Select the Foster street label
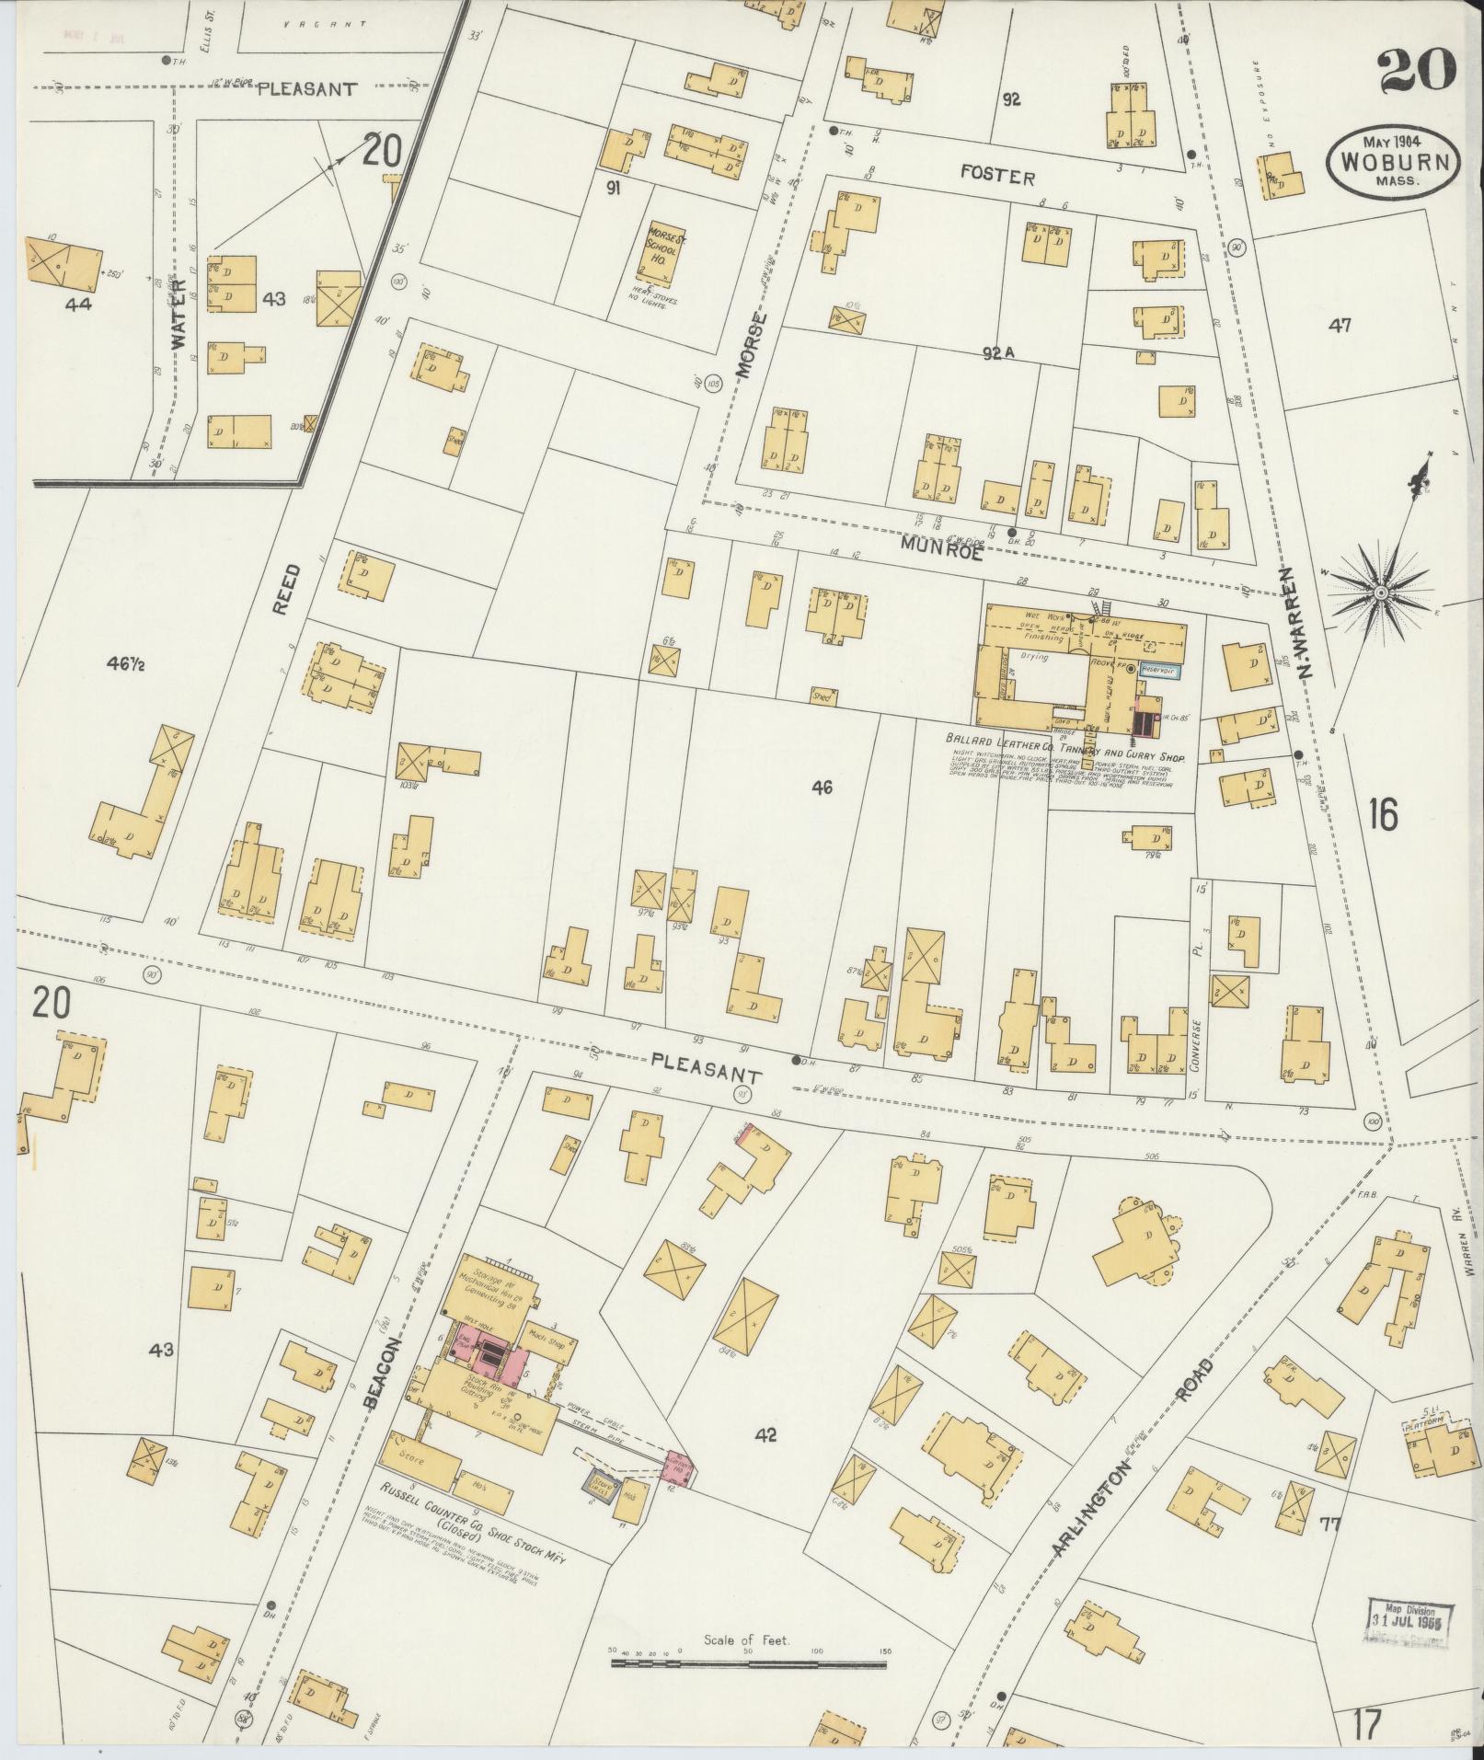998,177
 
